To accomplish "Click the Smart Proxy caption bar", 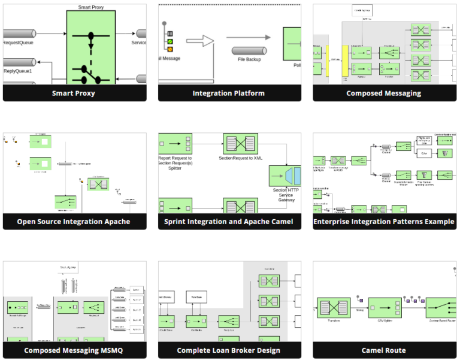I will [74, 93].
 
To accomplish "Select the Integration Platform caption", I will [228, 93].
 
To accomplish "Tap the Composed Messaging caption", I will [383, 93].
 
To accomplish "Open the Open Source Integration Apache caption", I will [74, 222].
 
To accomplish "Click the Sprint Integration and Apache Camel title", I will [228, 222].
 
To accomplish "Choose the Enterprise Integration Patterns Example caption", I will [383, 222].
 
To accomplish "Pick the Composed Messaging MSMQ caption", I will [74, 350].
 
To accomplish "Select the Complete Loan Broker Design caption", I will [228, 350].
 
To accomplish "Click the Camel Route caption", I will [383, 350].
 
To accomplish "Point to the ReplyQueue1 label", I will [18, 71].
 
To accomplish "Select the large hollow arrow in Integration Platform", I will [200, 41].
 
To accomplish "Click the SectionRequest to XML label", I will [240, 158].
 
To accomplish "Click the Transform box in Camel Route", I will [334, 308].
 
